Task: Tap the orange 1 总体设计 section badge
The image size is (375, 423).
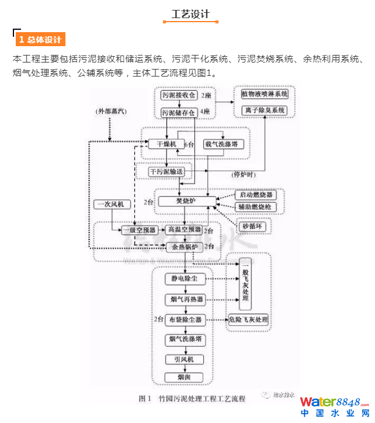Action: coord(40,40)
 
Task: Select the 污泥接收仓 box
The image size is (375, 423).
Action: coord(178,95)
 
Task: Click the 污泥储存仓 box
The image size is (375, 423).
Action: coord(178,112)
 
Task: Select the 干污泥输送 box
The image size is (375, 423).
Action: coord(166,172)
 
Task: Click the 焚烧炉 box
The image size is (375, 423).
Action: coord(186,201)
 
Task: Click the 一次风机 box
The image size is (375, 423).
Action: coord(113,204)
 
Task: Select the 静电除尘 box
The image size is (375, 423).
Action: coord(184,279)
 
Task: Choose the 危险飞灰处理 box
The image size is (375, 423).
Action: coord(248,320)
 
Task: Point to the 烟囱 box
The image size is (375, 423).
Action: coord(184,376)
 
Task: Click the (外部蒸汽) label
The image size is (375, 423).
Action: coord(111,110)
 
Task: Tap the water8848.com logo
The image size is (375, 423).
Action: coord(334,406)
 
